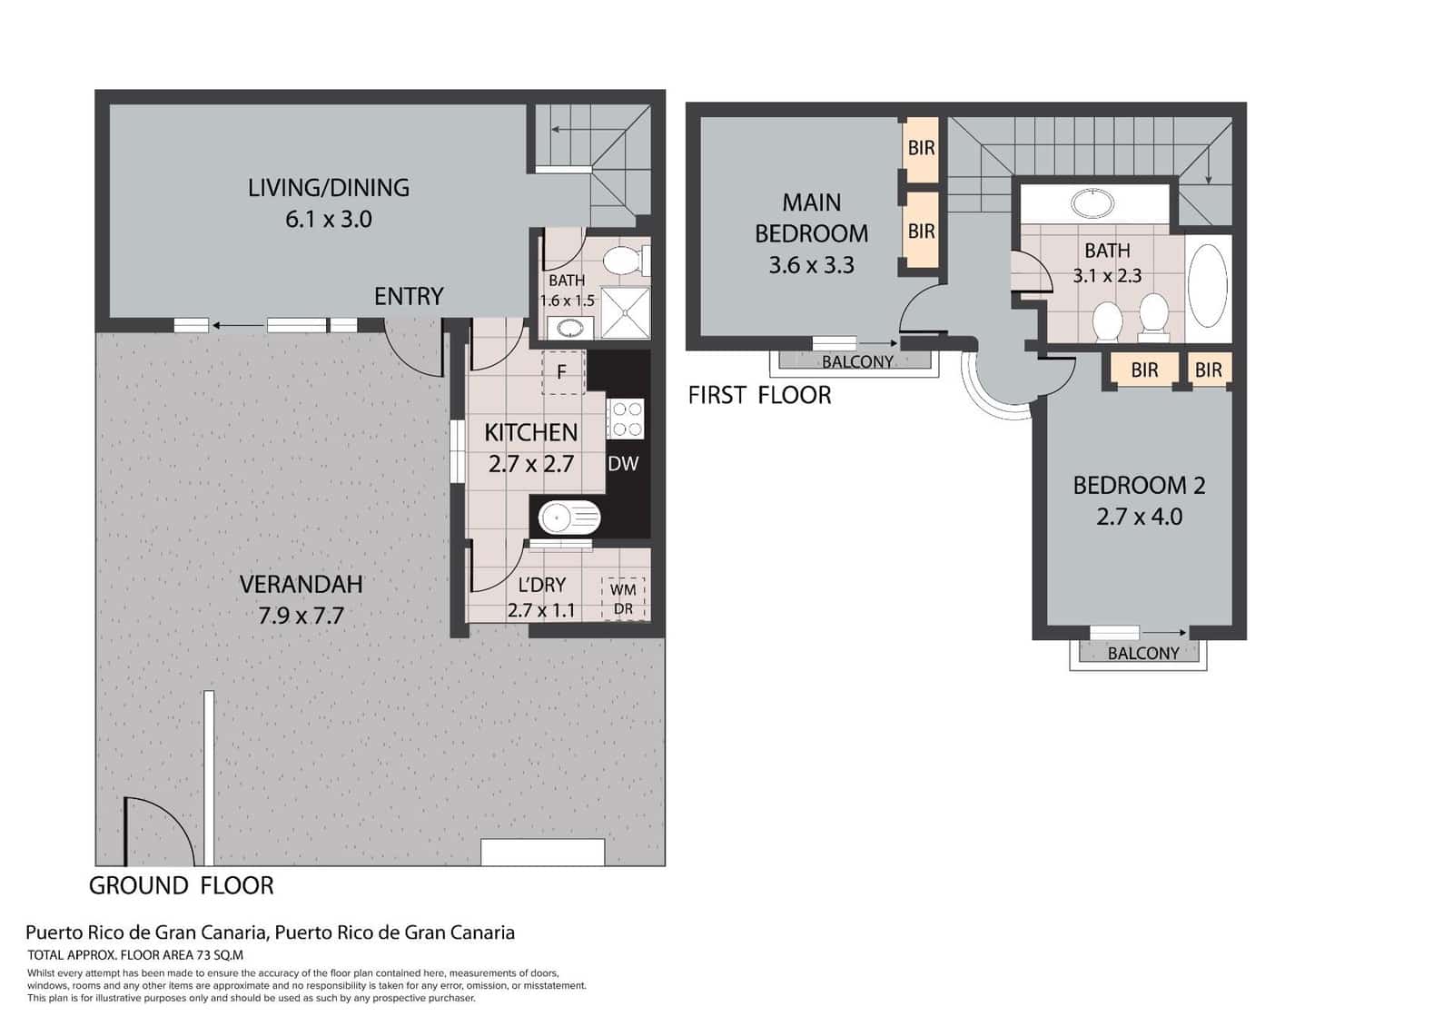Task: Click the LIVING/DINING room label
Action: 328,188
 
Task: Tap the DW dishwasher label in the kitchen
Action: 623,464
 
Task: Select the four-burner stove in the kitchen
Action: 625,419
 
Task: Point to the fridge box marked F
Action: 563,372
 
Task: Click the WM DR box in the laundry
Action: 623,599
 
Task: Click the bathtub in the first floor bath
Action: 1208,286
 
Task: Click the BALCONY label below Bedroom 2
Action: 1143,654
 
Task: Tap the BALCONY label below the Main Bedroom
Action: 857,362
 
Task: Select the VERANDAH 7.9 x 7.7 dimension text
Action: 301,617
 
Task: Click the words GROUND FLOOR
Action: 181,886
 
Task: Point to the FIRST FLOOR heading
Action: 759,396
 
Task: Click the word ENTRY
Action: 409,297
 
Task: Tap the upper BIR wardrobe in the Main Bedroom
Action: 921,148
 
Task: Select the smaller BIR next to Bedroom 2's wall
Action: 1208,370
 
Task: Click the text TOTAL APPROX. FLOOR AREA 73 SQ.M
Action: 135,955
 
